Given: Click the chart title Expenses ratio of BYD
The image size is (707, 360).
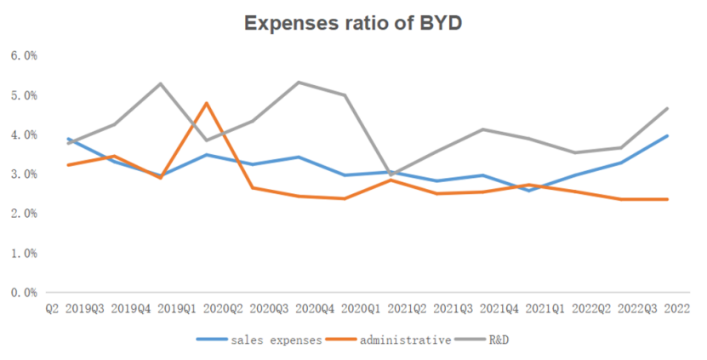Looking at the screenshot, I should click(x=353, y=23).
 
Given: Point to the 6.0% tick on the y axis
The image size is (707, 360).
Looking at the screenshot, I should click(x=24, y=55).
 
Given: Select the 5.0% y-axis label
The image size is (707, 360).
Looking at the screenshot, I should click(x=24, y=95).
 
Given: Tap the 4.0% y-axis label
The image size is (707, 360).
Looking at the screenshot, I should click(x=24, y=134).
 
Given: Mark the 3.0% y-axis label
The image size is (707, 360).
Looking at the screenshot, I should click(x=24, y=174).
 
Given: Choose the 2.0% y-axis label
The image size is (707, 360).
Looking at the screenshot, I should click(x=24, y=214).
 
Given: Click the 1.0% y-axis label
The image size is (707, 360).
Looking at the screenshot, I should click(x=24, y=253).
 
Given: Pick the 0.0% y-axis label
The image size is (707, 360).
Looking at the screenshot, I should click(x=24, y=292).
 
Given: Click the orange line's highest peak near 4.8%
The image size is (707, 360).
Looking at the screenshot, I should click(x=206, y=103).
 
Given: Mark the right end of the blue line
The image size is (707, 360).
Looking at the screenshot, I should click(x=667, y=136).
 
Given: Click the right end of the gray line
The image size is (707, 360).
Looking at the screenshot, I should click(x=667, y=108).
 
